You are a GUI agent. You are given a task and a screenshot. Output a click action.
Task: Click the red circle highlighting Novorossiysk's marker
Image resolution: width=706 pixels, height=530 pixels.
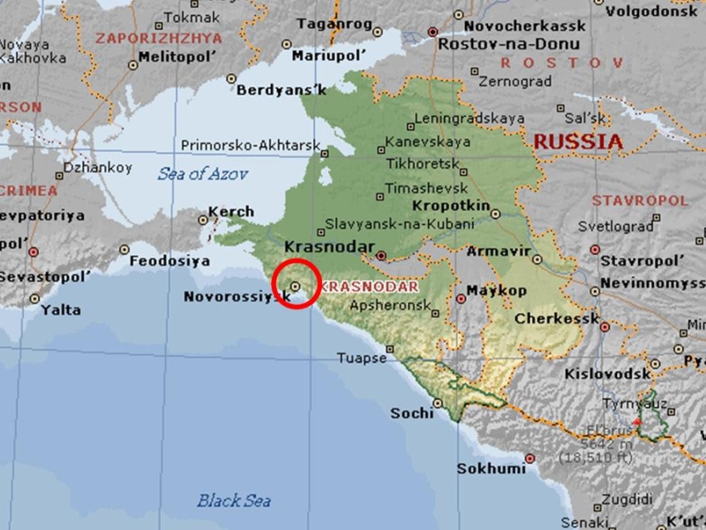tap(297, 285)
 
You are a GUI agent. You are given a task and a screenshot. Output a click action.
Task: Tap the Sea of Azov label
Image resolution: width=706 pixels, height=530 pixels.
tap(202, 173)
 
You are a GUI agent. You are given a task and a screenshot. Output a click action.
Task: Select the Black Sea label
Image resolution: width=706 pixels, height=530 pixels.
tap(233, 501)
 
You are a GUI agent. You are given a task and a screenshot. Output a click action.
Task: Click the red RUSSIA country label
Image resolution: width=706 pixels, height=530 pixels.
tap(578, 141)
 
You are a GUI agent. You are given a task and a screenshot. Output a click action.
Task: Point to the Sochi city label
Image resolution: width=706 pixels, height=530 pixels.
tap(412, 413)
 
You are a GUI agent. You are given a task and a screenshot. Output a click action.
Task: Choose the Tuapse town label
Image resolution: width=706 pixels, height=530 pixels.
tap(362, 358)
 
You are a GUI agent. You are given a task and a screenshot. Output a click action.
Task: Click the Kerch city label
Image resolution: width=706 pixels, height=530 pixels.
tap(231, 212)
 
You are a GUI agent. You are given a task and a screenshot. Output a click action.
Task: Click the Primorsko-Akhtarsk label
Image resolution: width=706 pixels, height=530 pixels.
tap(238, 145)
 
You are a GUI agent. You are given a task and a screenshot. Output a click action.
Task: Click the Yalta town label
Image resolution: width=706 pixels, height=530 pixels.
tap(60, 310)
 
